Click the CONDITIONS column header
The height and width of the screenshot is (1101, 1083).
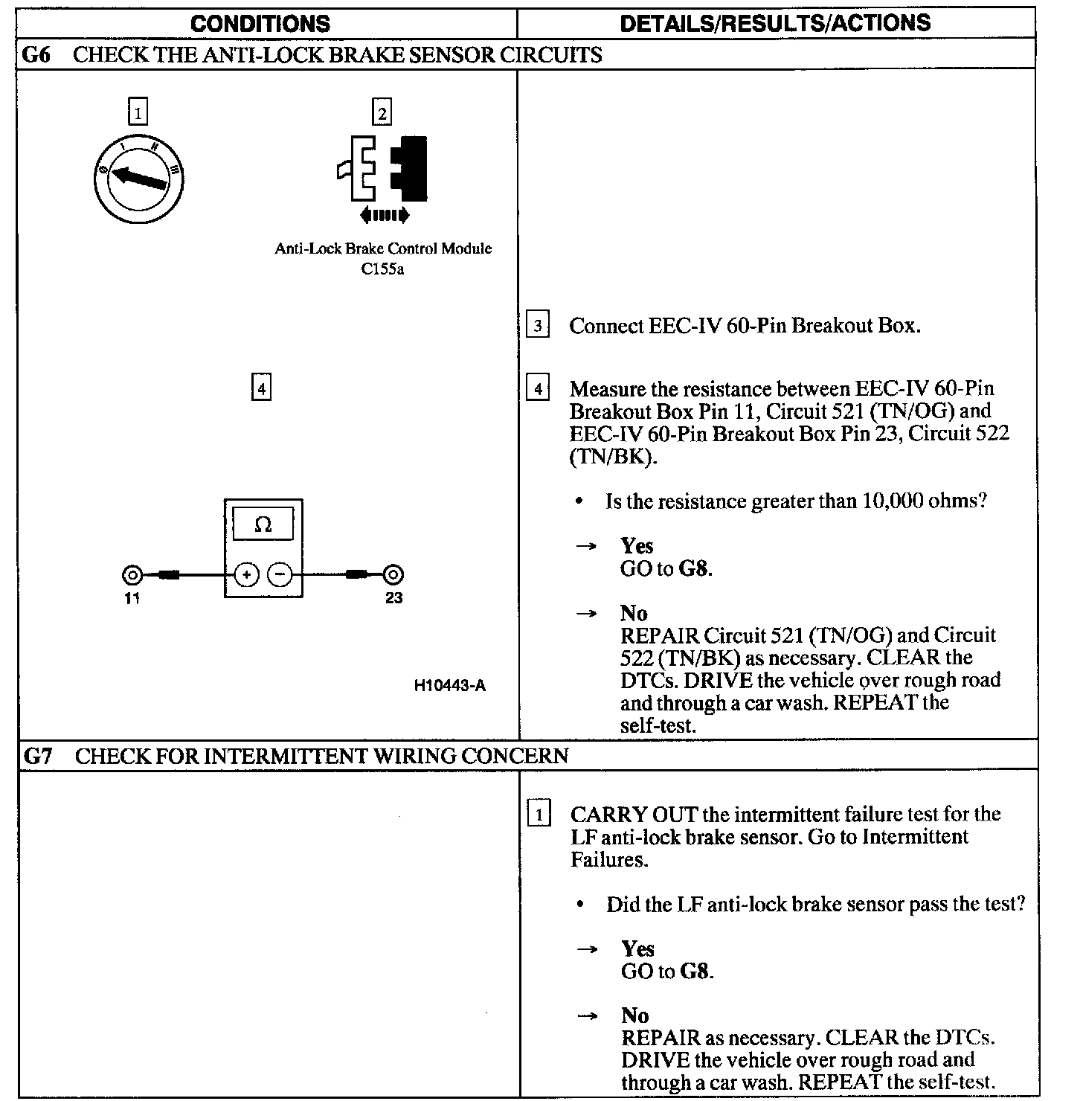pos(260,23)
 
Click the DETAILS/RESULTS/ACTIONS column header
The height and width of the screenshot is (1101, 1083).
pos(775,23)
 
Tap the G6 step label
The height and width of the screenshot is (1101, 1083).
pos(36,55)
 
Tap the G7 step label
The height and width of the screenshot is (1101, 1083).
pos(38,756)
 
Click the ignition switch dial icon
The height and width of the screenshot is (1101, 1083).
pos(139,179)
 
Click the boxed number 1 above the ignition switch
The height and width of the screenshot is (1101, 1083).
pos(138,113)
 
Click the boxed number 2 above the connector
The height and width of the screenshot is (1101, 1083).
pos(382,113)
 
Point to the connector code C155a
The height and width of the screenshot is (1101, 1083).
pos(382,269)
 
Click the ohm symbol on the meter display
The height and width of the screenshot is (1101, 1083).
pos(263,524)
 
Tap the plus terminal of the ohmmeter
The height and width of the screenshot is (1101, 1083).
pos(246,574)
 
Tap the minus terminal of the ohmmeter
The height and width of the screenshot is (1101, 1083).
pos(279,574)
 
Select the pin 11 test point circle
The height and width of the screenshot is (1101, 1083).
pos(132,574)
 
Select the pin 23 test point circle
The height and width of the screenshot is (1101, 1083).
pos(393,574)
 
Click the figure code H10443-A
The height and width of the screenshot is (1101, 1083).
pos(450,685)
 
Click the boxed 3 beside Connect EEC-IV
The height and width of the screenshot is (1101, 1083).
pos(537,326)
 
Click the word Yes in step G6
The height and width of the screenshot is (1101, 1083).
pos(637,546)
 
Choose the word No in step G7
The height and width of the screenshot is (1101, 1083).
pos(635,1015)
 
